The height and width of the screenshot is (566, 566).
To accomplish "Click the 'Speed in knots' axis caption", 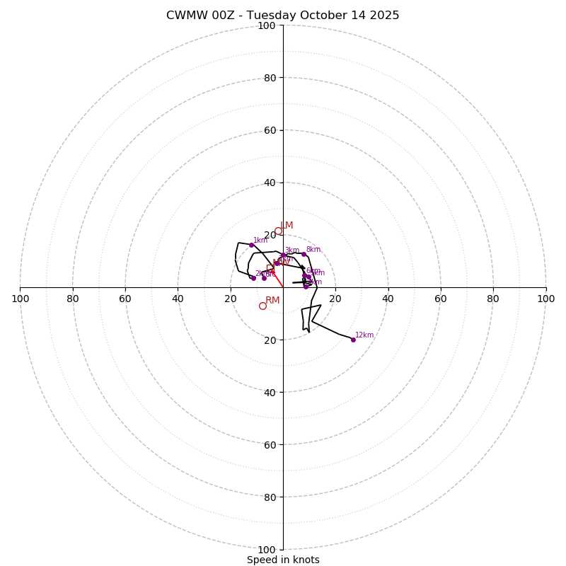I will tap(283, 560).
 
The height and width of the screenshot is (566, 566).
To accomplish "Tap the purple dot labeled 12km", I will tap(353, 340).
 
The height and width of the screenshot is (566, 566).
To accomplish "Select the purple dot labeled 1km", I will tap(251, 245).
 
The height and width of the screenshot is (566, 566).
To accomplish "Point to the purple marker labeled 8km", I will tap(304, 254).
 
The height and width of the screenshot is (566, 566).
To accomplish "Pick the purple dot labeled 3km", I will tap(283, 255).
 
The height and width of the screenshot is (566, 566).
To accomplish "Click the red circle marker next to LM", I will tap(278, 231).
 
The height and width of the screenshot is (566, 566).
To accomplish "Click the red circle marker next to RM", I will tap(262, 306).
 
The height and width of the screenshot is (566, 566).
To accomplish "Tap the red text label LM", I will tap(287, 226).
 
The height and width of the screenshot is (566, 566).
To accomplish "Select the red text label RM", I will tap(272, 301).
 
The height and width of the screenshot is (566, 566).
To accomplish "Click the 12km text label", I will tap(364, 335).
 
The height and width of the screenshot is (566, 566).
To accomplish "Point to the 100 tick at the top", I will tap(267, 25).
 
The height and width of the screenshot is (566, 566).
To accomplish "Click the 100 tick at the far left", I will tap(21, 299).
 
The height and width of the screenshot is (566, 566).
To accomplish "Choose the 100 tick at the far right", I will tap(545, 299).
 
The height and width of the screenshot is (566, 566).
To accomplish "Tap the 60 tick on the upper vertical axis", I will tap(269, 130).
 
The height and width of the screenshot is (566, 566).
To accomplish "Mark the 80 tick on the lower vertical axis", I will tap(269, 497).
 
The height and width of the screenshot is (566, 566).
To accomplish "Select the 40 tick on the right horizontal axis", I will tap(388, 299).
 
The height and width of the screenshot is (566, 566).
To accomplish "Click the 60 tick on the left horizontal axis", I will tap(125, 299).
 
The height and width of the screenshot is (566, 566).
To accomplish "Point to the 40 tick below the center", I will tap(269, 393).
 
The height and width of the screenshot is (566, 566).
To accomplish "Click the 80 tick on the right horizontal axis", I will tap(493, 299).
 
